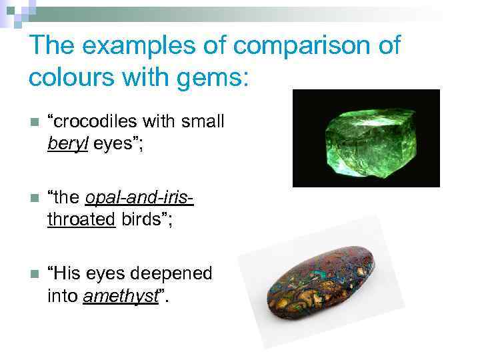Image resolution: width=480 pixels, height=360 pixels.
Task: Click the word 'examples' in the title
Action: [x=137, y=47]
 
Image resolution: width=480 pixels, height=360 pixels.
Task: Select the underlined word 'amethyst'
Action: [x=121, y=295]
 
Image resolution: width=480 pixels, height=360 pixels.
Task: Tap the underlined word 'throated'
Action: [x=81, y=219]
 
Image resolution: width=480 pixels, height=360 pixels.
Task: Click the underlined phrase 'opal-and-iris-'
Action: [x=139, y=199]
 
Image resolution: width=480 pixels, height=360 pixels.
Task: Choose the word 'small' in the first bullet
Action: [x=203, y=123]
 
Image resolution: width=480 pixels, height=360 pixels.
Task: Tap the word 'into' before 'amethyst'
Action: [x=63, y=295]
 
